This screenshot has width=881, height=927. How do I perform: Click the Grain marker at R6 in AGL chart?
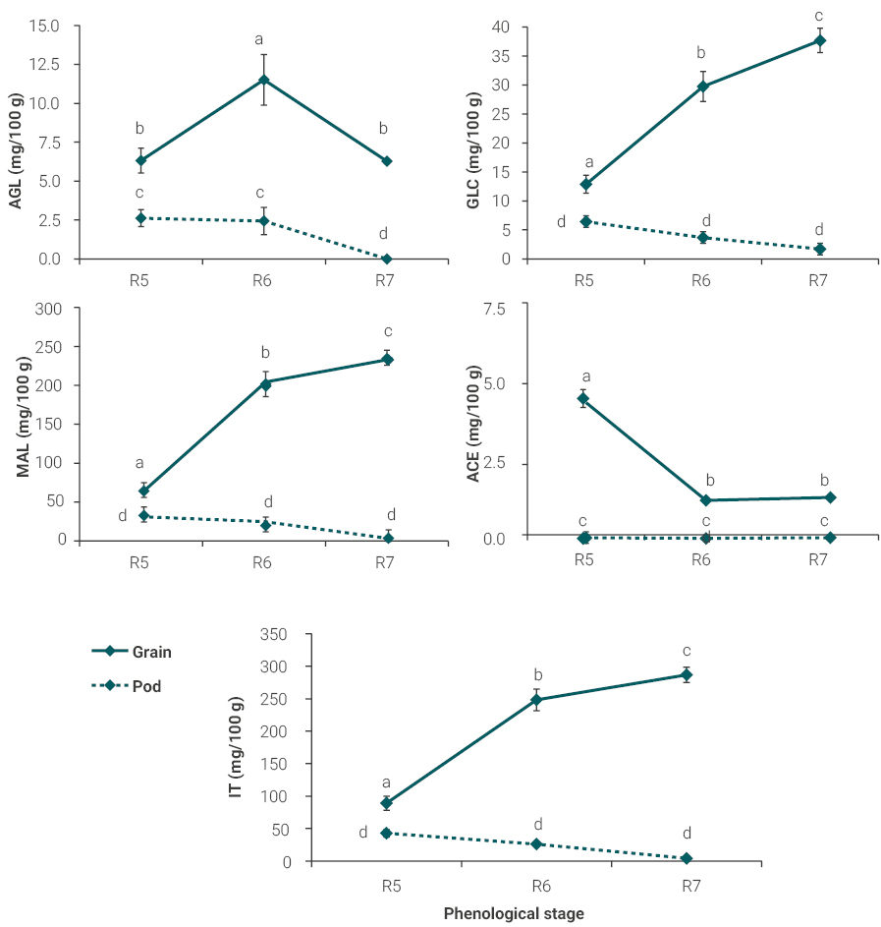(263, 80)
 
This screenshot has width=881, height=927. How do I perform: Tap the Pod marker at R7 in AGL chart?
(387, 259)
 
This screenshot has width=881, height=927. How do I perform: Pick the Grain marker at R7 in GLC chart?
(820, 40)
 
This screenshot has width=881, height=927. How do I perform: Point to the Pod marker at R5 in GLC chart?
(585, 221)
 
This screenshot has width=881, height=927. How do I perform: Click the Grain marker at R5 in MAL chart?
(143, 491)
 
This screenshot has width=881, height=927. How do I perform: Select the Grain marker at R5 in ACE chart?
(583, 398)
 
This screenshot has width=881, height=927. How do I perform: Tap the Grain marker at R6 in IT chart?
(537, 700)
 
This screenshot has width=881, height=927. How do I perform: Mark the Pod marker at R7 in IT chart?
(687, 858)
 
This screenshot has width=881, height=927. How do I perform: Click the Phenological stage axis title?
(514, 913)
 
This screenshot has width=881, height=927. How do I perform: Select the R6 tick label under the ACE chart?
(700, 559)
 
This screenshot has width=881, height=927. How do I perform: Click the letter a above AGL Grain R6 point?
(259, 39)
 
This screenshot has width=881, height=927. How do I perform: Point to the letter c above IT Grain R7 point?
(687, 651)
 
